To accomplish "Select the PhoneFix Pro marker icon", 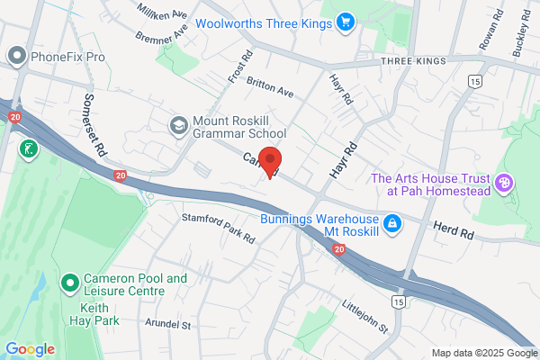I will (x=15, y=57).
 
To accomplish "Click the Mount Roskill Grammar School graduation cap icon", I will (x=177, y=123).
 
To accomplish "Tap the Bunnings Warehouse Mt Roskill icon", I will (x=391, y=222).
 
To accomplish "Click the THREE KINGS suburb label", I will (x=414, y=60).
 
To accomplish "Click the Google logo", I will (x=30, y=349).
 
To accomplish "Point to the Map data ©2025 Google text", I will (x=482, y=352).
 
